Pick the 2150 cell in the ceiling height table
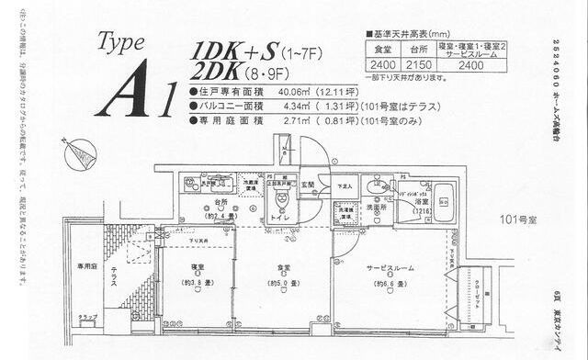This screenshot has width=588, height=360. (x=419, y=65)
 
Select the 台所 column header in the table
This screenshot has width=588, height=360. (x=419, y=51)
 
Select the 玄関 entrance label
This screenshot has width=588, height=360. (x=311, y=185)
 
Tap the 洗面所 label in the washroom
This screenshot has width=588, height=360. (x=378, y=207)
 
